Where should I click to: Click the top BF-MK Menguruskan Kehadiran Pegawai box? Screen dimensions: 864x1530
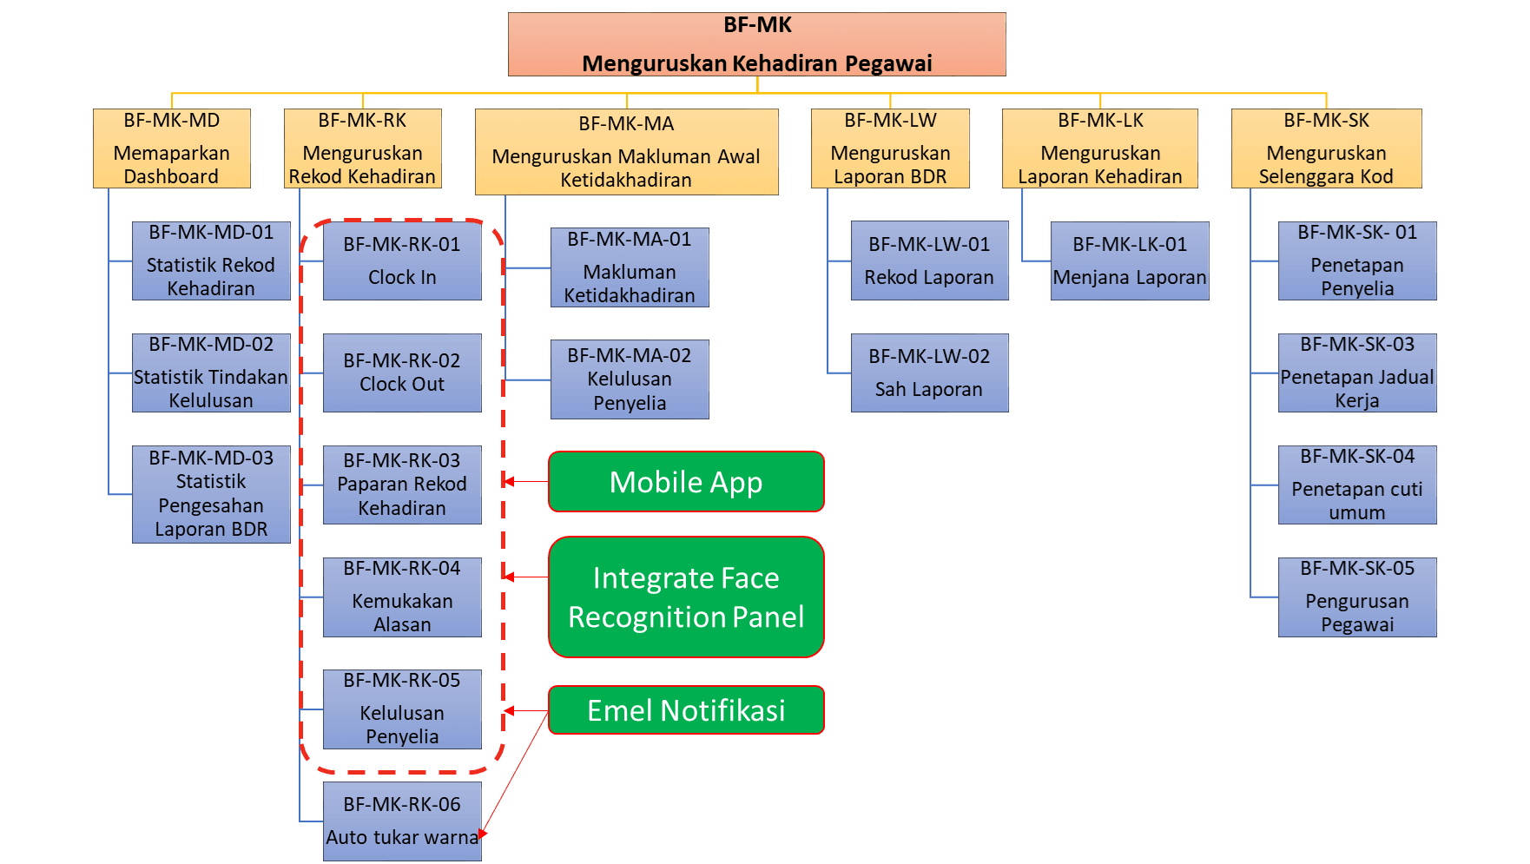pos(757,44)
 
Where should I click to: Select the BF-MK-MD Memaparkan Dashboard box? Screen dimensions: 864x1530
pos(172,148)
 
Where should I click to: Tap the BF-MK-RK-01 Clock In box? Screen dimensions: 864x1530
pos(402,261)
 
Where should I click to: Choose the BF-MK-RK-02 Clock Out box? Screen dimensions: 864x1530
pos(402,373)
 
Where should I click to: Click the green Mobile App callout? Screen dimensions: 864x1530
pos(686,482)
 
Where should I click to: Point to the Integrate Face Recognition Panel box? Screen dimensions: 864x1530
pos(686,597)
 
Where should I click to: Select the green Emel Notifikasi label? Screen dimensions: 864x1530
pos(686,710)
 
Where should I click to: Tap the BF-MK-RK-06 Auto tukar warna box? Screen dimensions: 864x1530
pos(402,821)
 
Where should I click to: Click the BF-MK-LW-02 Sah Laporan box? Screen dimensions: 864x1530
pos(929,373)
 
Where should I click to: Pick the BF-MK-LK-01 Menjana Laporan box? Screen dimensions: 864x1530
pos(1129,261)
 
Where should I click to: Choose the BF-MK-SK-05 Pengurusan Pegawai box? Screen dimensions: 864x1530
pos(1357,597)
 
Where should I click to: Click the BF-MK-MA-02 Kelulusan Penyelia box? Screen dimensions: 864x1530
pos(630,379)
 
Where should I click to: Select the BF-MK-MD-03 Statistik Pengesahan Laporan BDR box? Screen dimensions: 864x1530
pos(211,494)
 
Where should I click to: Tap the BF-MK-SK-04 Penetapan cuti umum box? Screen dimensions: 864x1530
pos(1357,485)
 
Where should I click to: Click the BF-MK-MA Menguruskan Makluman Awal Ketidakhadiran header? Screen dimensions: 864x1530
pos(626,152)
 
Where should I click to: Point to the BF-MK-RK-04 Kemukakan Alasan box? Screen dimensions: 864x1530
pos(402,597)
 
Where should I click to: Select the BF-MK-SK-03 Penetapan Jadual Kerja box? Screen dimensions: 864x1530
pos(1357,373)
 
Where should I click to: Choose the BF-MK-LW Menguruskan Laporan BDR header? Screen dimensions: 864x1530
pos(890,148)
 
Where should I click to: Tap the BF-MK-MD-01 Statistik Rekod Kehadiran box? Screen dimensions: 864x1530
pos(211,261)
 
